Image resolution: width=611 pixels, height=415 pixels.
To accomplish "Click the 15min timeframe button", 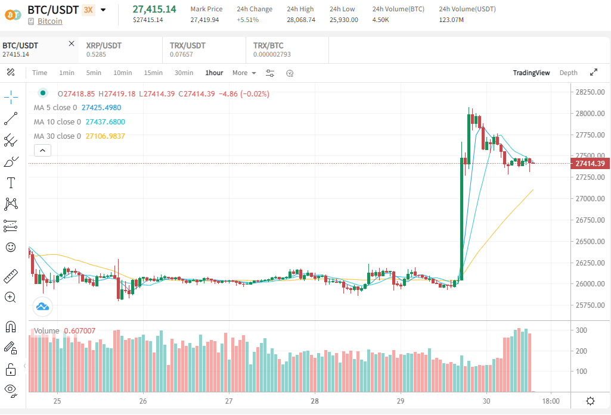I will point(153,73).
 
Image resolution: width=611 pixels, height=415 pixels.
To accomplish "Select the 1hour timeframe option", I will point(214,73).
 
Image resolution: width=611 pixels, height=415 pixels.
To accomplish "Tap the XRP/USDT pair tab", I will point(104,45).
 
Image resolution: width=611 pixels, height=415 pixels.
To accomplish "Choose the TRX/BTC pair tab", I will point(268,45).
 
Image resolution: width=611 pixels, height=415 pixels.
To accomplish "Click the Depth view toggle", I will point(568,73).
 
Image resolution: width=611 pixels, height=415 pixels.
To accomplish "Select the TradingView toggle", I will point(531,73).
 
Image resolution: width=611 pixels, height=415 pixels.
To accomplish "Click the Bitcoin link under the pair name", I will point(49,21).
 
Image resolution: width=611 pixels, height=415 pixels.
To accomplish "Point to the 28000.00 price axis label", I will point(590,113).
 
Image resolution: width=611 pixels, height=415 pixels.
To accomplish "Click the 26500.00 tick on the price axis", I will point(590,241).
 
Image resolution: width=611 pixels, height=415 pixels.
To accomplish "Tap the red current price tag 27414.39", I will point(590,163).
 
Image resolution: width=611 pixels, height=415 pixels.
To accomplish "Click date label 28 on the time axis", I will point(315,401).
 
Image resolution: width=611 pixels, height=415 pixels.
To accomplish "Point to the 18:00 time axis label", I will point(551,401).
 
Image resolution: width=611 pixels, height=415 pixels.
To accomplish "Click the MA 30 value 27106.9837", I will point(106,136).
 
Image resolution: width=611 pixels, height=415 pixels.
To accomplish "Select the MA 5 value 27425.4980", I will point(101,108).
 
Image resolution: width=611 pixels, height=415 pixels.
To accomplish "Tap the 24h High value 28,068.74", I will point(300,20).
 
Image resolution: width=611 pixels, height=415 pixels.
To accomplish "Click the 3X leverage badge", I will point(88,10).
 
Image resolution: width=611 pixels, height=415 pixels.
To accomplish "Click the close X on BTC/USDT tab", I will point(72,43).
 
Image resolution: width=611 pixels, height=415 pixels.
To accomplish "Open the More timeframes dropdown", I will point(244,73).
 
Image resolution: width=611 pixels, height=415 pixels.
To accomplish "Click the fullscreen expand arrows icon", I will point(593,73).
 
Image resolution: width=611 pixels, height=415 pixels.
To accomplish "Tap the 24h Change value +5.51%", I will point(248,20).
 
